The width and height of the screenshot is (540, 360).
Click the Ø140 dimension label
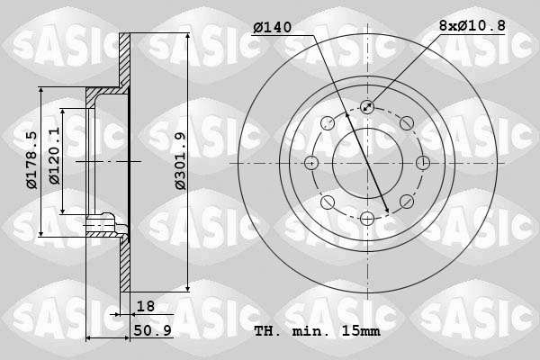[273, 27]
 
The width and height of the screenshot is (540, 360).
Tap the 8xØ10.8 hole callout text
[472, 25]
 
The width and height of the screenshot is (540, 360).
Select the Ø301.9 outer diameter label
[180, 161]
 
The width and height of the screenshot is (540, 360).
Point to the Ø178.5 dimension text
[31, 160]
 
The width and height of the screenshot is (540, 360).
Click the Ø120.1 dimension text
[54, 156]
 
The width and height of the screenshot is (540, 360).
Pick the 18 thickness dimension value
[146, 306]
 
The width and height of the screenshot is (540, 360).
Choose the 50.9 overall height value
[153, 330]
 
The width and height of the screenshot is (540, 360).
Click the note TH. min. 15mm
[317, 331]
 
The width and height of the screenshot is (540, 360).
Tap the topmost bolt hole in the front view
[367, 107]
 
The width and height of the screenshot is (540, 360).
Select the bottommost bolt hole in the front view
[367, 219]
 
